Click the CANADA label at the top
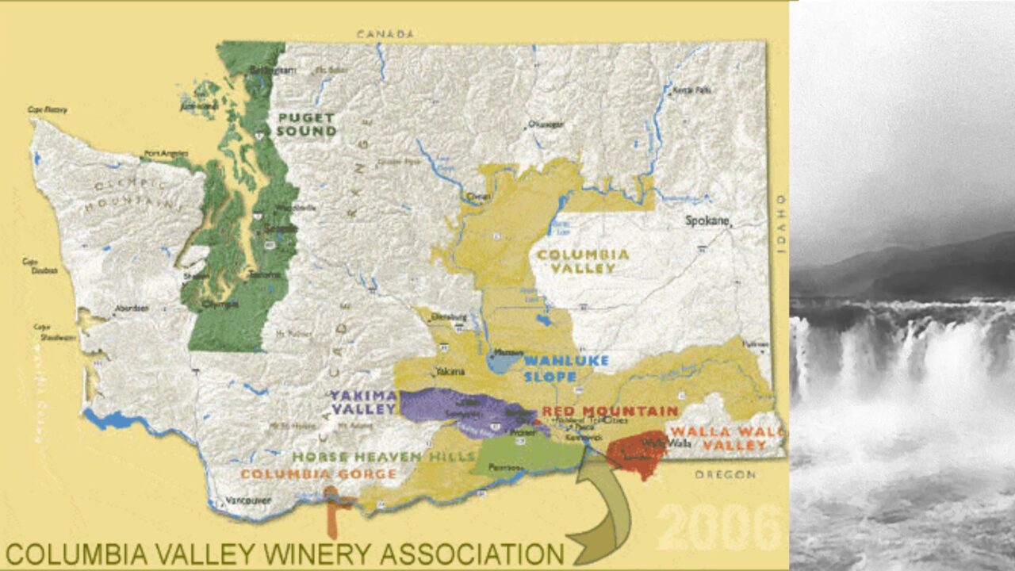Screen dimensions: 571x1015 tap(385, 34)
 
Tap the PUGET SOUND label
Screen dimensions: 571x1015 tap(306, 125)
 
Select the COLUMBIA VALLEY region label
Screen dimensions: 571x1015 tap(583, 262)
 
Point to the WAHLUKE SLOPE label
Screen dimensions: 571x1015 tap(566, 368)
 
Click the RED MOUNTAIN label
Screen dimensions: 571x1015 tap(610, 411)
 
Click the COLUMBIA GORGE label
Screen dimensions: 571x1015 tap(318, 474)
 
